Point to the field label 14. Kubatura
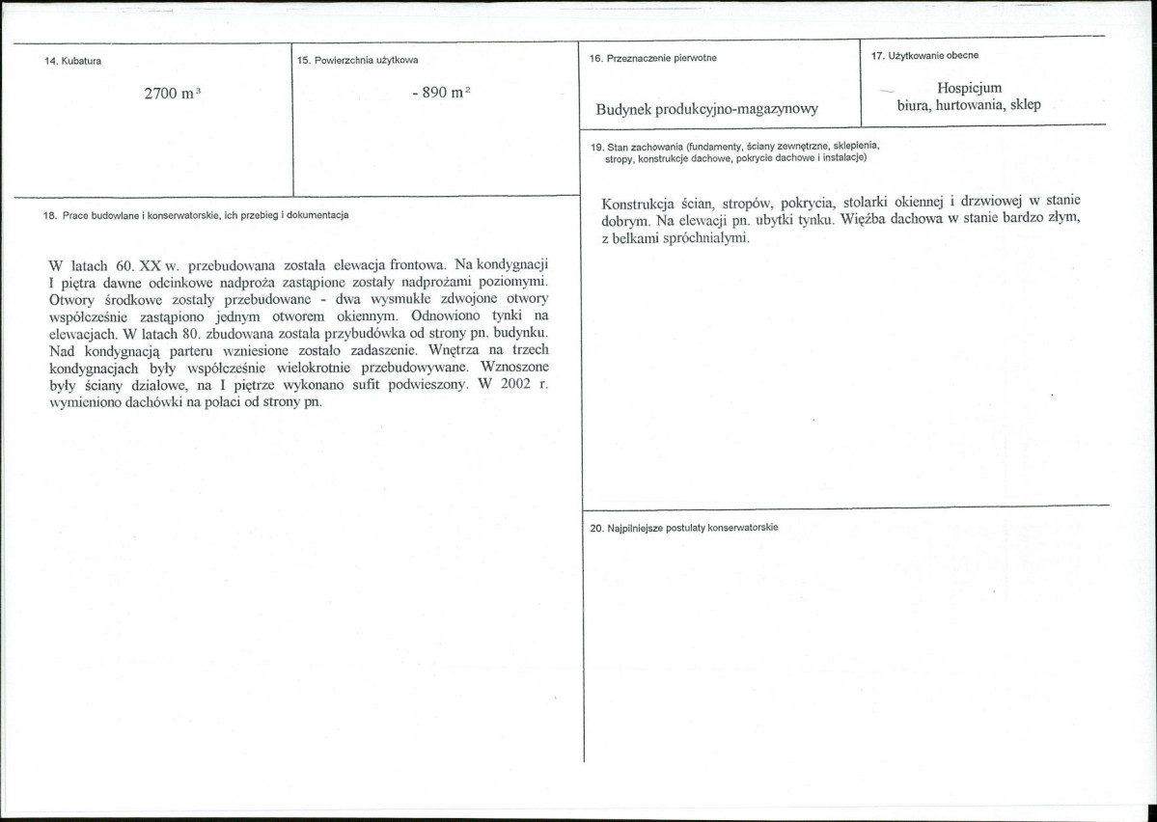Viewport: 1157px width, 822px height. click(x=73, y=61)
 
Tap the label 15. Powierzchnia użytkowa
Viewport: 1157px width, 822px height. click(x=357, y=61)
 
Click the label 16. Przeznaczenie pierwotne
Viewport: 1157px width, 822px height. click(x=652, y=58)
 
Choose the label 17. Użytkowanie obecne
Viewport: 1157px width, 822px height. click(x=924, y=55)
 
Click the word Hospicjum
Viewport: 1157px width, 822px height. click(x=969, y=88)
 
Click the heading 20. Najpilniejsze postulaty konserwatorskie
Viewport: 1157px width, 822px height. click(x=684, y=528)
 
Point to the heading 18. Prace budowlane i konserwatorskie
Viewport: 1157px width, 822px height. click(x=196, y=215)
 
